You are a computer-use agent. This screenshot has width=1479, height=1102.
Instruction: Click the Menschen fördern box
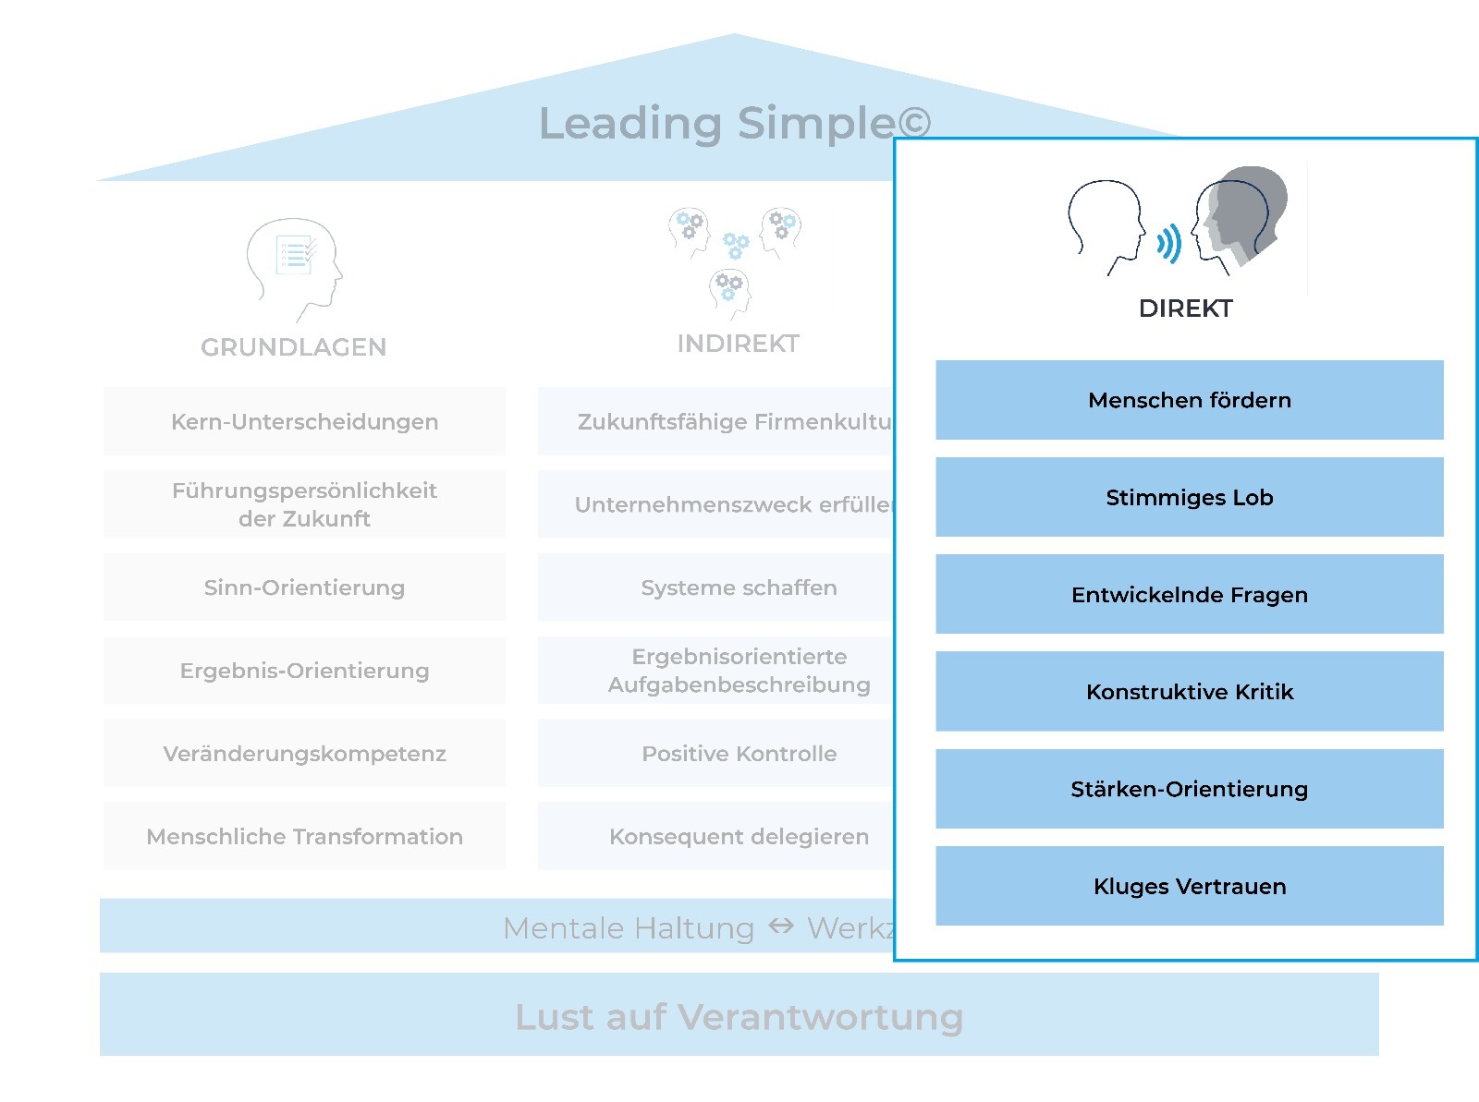(1189, 400)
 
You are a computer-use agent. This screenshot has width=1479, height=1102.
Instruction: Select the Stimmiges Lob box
(1189, 497)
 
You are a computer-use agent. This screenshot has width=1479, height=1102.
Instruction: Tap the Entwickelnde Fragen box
(1189, 594)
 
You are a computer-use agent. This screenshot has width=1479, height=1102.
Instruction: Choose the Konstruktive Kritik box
(1189, 691)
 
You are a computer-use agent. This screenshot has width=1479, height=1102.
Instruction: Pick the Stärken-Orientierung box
(1189, 789)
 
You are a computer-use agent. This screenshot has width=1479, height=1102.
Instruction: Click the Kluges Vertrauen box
(1189, 886)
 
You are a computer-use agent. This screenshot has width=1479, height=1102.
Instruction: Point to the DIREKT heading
(1185, 309)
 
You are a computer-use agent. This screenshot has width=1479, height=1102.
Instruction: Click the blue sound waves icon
(1168, 244)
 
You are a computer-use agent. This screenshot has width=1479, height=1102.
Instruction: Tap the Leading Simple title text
(734, 123)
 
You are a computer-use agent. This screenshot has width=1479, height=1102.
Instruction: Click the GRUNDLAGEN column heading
(293, 347)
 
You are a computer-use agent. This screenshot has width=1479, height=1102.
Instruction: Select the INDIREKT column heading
(738, 344)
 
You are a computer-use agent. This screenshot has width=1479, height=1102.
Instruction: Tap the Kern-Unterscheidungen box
(304, 421)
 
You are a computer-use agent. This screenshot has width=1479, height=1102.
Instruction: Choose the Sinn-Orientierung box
(304, 587)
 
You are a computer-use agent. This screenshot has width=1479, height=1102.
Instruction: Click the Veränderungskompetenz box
(304, 754)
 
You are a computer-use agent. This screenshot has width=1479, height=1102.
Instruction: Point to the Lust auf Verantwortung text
(739, 1016)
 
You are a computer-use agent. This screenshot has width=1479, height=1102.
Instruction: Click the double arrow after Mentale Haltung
(781, 926)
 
